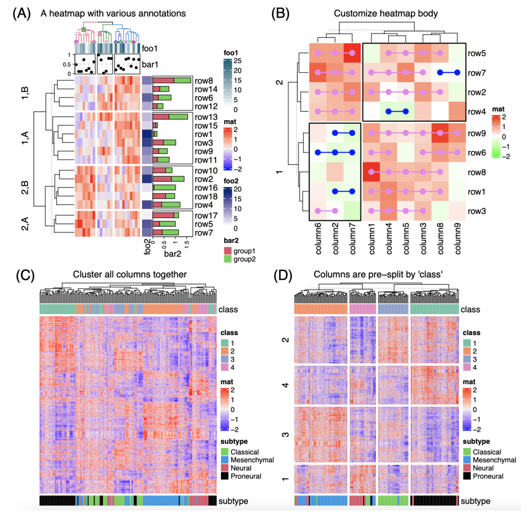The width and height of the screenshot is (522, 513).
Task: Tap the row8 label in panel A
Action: click(204, 81)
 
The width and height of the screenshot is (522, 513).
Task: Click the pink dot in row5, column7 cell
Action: click(352, 52)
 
